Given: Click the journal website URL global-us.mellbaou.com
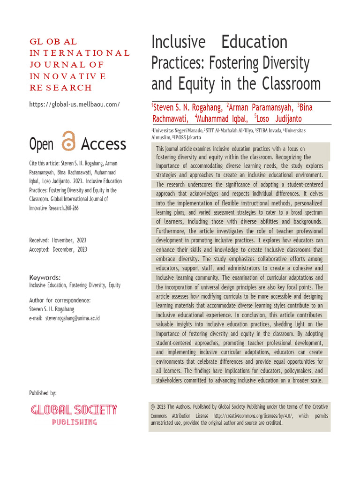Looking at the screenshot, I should (x=75, y=104).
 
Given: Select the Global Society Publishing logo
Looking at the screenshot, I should (x=74, y=414).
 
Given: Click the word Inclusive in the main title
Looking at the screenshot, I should (x=178, y=42).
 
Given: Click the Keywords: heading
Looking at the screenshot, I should (x=45, y=277).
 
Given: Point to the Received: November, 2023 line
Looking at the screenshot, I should (x=58, y=240).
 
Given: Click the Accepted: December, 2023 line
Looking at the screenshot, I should (x=58, y=249).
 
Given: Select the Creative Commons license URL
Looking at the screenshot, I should (x=252, y=416).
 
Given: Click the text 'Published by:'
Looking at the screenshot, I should (x=43, y=393).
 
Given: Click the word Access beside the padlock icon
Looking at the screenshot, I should (x=104, y=144).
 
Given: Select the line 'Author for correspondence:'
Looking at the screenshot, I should (x=60, y=300).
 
